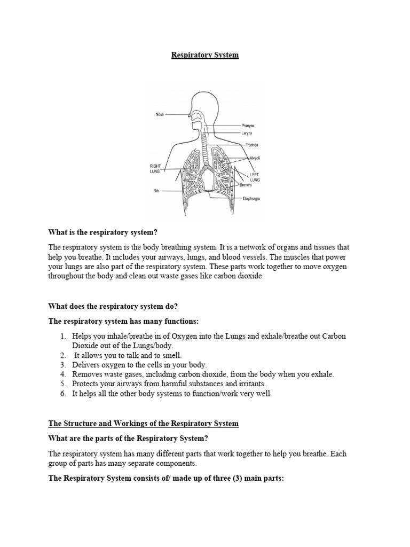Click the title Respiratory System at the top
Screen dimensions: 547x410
(205, 55)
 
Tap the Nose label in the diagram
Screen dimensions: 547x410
(160, 114)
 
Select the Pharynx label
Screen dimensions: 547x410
(248, 126)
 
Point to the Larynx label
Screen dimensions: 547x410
(247, 132)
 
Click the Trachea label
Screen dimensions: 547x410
(251, 145)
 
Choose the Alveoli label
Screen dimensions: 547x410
(255, 158)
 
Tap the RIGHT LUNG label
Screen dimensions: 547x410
(155, 169)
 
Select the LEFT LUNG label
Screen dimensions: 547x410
(255, 177)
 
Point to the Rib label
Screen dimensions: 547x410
(156, 190)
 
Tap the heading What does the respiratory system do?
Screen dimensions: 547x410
(112, 306)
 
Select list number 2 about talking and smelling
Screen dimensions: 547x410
(128, 355)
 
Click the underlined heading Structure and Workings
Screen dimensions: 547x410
(143, 424)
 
